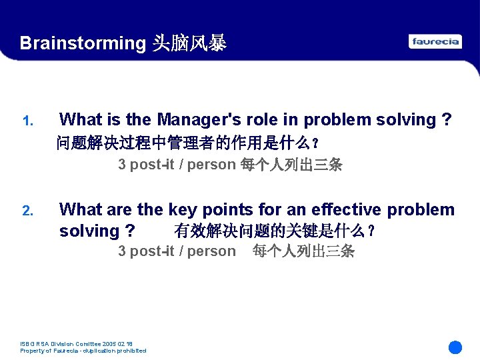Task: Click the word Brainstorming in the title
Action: pyautogui.click(x=83, y=43)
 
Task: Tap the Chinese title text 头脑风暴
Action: pyautogui.click(x=189, y=43)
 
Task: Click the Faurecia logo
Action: pyautogui.click(x=435, y=41)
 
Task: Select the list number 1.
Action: pyautogui.click(x=27, y=121)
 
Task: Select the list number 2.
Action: pyautogui.click(x=27, y=211)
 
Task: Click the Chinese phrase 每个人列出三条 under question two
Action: pyautogui.click(x=303, y=251)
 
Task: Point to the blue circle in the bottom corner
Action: pyautogui.click(x=455, y=347)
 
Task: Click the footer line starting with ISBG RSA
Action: pyautogui.click(x=77, y=344)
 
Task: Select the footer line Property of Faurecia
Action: pyautogui.click(x=83, y=351)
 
